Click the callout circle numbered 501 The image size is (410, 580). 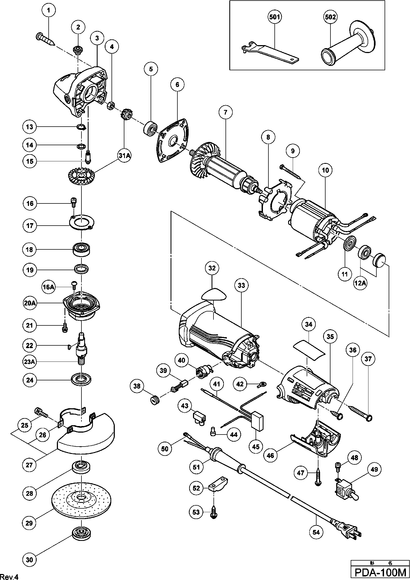[275, 17]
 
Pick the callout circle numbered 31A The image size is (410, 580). [124, 156]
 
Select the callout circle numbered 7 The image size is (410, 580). [225, 112]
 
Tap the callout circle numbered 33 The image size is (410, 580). [241, 285]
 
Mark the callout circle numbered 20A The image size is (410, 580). [30, 303]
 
